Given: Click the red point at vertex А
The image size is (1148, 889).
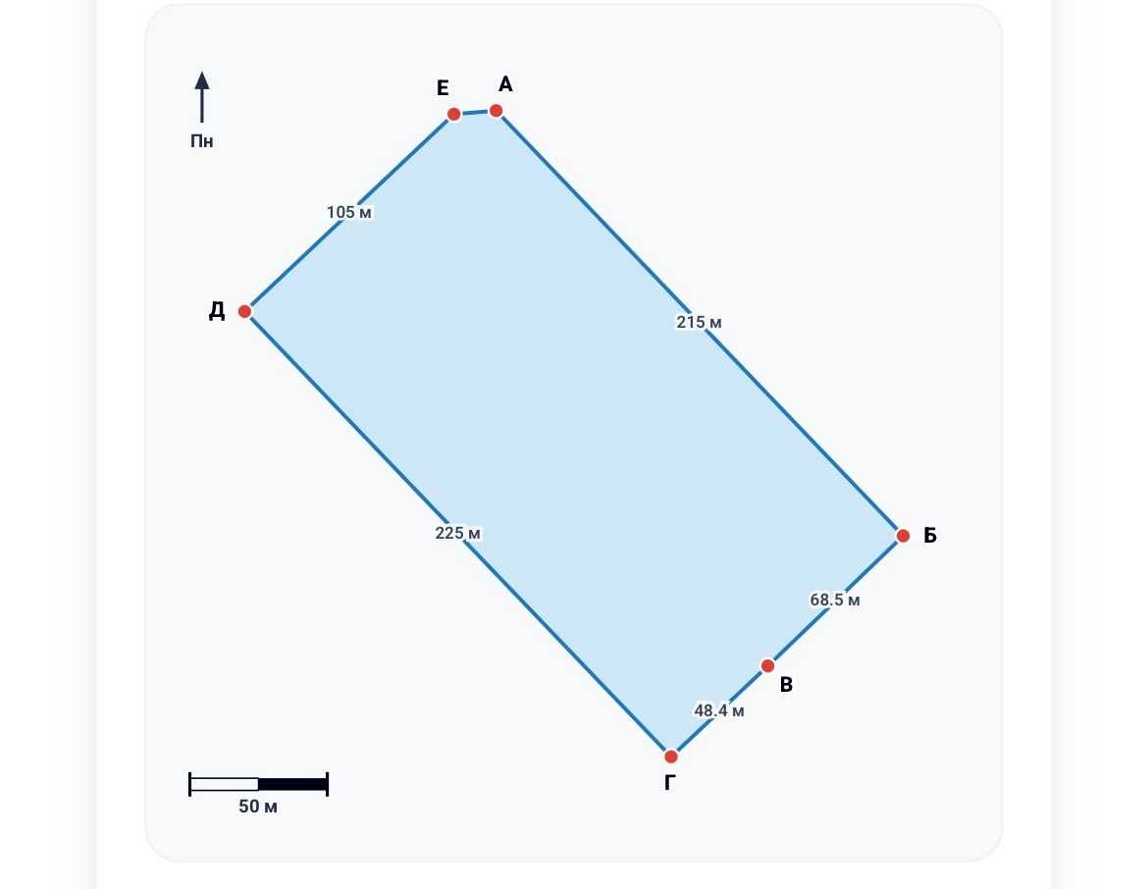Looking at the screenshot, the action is click(x=496, y=111).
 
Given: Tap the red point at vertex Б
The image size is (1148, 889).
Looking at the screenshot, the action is click(x=903, y=536).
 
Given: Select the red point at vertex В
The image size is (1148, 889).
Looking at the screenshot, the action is click(x=767, y=665).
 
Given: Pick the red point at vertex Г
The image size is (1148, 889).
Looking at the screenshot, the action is click(x=670, y=757).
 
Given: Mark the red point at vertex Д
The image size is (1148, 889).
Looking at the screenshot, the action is click(x=244, y=311).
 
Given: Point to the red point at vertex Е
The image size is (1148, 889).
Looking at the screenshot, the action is click(x=454, y=114).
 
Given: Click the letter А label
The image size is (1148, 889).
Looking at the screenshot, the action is click(x=505, y=84).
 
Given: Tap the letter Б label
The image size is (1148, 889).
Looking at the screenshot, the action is click(x=930, y=536).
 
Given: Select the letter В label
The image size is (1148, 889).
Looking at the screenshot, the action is click(x=786, y=685).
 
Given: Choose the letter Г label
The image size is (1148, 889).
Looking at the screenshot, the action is click(x=669, y=783).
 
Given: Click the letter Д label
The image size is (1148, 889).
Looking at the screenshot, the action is click(x=217, y=311).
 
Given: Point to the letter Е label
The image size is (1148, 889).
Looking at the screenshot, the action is click(x=443, y=88).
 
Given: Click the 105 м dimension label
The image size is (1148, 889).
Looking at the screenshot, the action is click(x=349, y=212).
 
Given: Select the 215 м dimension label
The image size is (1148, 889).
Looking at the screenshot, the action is click(x=700, y=322).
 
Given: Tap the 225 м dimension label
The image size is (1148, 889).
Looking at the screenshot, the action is click(x=457, y=533).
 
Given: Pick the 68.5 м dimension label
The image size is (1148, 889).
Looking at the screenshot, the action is click(x=835, y=600).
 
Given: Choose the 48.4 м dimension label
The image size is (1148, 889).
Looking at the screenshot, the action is click(x=719, y=710).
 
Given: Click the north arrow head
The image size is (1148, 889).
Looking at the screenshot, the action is click(x=202, y=79).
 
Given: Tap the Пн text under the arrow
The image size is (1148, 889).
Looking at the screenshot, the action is click(x=202, y=140).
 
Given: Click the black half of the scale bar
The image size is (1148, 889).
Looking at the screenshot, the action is click(x=292, y=784).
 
